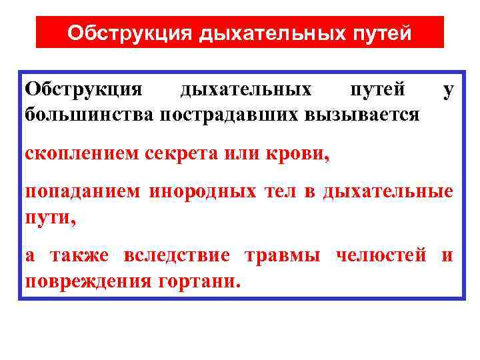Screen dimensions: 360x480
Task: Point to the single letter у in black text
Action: (x=449, y=90)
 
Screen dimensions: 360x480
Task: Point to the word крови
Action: (x=301, y=154)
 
